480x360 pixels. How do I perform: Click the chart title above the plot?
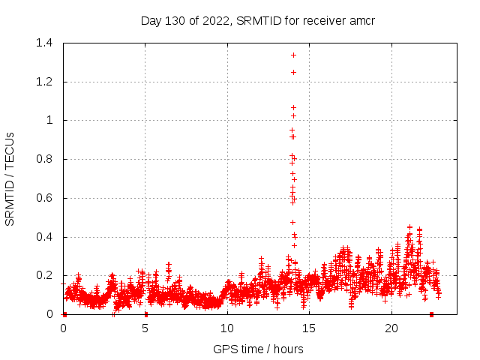(x=257, y=20)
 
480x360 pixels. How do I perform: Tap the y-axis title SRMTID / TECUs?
(x=10, y=178)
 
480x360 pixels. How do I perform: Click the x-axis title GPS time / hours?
(x=258, y=349)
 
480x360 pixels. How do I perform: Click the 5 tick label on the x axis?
(x=145, y=328)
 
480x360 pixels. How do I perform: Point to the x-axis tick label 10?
(x=227, y=328)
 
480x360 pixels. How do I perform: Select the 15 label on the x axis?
(x=309, y=328)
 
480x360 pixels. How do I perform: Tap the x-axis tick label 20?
(x=391, y=328)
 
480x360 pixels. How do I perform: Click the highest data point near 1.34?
(x=293, y=55)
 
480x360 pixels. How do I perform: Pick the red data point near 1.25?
(x=293, y=72)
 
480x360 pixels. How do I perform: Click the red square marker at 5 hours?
(x=145, y=314)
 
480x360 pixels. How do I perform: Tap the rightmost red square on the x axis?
(x=431, y=314)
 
